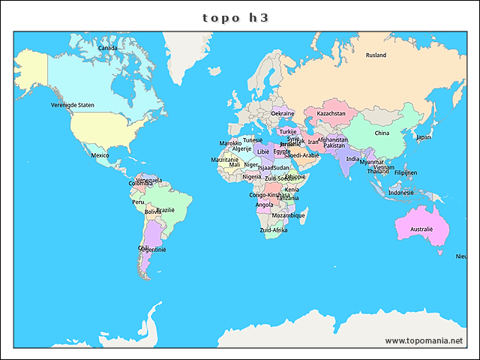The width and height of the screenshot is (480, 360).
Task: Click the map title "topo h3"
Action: [x=235, y=17]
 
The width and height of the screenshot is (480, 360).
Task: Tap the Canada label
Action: [x=108, y=48]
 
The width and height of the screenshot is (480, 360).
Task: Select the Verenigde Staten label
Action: [x=73, y=106]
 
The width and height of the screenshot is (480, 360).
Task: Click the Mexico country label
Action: [x=100, y=155]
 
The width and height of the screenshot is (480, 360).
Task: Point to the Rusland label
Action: [x=376, y=55]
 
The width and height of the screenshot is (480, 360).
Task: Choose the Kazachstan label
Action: [x=331, y=114]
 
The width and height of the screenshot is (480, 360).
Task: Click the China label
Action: [x=382, y=133]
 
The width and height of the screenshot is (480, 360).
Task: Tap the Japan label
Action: [x=424, y=137]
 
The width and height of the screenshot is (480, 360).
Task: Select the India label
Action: [x=352, y=159]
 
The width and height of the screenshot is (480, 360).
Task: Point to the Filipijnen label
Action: [x=405, y=172]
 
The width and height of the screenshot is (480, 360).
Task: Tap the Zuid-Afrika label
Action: [x=273, y=230]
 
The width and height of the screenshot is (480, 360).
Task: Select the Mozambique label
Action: [x=288, y=215]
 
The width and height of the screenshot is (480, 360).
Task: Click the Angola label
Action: [x=264, y=205]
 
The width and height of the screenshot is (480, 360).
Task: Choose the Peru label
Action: [x=138, y=202]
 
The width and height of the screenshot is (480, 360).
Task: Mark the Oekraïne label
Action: [x=283, y=114]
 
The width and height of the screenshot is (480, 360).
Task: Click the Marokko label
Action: [x=230, y=143]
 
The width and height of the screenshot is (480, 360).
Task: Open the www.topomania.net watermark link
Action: [x=424, y=340]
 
